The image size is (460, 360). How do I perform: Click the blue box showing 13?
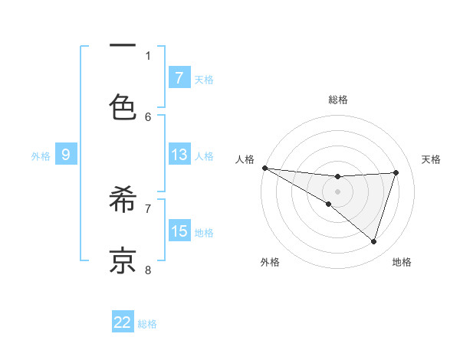tap(179, 155)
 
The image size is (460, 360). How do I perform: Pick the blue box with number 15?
tap(179, 231)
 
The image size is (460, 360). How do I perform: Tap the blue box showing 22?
tap(123, 322)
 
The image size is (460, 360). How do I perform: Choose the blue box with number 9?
tap(66, 155)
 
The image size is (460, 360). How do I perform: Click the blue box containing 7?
tap(179, 77)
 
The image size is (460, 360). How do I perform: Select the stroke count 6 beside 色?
tap(149, 116)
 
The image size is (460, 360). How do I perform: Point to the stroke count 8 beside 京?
tap(149, 269)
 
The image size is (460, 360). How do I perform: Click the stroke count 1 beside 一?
tap(149, 55)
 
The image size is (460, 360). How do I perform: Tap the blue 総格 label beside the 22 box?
tap(147, 324)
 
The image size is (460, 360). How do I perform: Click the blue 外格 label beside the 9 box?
tap(41, 156)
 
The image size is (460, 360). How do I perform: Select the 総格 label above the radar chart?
tap(337, 100)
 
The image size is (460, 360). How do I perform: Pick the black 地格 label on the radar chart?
tap(402, 263)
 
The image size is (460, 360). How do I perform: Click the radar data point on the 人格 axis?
tap(264, 168)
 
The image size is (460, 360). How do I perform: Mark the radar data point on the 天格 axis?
tap(396, 172)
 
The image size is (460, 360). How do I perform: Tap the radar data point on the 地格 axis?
tap(374, 242)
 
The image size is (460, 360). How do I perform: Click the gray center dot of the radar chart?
tap(337, 191)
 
